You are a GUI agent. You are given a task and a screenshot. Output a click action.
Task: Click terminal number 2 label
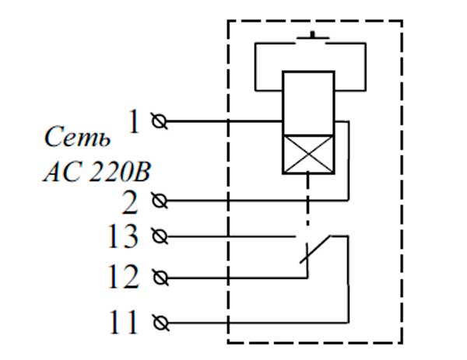coord(130,201)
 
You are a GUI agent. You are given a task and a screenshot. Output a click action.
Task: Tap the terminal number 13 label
coord(124,236)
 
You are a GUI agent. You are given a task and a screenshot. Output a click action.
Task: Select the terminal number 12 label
coord(124,276)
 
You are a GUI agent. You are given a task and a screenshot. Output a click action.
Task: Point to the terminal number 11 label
coord(124,322)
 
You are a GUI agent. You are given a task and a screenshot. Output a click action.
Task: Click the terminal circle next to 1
coord(161,122)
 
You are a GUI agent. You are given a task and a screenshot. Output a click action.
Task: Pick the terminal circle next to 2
coord(161,201)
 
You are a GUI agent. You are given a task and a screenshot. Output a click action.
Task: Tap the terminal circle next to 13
coord(161,235)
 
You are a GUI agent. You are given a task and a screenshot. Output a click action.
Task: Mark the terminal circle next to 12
coord(161,277)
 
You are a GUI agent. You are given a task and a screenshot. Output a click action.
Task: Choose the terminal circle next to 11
coord(161,322)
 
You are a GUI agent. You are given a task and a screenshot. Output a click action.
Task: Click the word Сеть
coord(72,141)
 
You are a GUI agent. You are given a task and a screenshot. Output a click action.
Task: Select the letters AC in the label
coord(57,170)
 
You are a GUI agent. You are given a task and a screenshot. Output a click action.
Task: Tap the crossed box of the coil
coord(308,153)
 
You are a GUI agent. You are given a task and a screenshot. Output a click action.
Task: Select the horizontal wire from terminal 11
coord(249,322)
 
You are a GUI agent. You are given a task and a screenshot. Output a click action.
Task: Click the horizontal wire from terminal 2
coord(249,201)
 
